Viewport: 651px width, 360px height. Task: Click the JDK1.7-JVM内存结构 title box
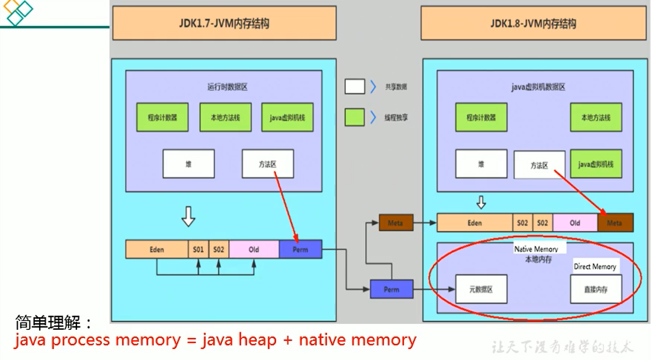click(224, 23)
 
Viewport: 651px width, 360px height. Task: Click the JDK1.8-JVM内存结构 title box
click(533, 23)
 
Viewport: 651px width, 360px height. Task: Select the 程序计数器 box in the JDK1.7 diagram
click(162, 117)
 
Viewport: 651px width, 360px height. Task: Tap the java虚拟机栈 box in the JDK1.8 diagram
click(596, 164)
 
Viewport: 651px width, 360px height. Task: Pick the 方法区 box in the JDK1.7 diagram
click(268, 164)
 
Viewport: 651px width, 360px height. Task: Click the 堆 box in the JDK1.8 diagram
click(481, 164)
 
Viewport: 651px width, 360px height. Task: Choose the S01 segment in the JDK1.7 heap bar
click(199, 249)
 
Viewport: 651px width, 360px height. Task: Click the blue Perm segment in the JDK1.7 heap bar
click(300, 249)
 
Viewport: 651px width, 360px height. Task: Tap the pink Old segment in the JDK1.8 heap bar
click(575, 223)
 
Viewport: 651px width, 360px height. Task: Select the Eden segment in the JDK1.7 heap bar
click(156, 249)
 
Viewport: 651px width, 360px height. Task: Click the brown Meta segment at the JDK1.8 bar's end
click(615, 223)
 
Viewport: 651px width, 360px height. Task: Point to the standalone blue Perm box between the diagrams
click(392, 290)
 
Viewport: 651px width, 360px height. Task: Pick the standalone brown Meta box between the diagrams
click(395, 223)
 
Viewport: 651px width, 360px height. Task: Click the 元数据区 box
click(481, 290)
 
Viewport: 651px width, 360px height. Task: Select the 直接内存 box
click(596, 290)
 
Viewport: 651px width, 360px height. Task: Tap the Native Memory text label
click(535, 249)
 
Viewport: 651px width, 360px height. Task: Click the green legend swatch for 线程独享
click(354, 117)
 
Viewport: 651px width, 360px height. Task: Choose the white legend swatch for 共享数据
click(354, 87)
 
